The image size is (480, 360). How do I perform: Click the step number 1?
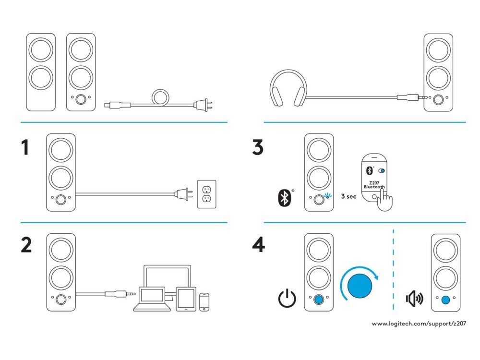click(x=24, y=148)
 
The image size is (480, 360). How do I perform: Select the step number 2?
click(x=26, y=245)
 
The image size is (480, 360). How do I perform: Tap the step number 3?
click(x=258, y=148)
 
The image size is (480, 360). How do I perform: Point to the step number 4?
click(x=258, y=245)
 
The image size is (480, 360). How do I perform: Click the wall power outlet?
click(x=207, y=194)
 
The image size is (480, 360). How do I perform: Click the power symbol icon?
click(x=286, y=299)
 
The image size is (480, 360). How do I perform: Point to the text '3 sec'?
click(x=348, y=197)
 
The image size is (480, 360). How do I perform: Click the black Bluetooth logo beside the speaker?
click(x=284, y=198)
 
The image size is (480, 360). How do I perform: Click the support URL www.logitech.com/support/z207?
click(x=419, y=324)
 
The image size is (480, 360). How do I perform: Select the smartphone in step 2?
click(x=205, y=301)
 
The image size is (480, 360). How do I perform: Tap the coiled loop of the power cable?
click(x=160, y=97)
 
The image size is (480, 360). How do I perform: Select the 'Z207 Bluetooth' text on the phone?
click(x=374, y=184)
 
